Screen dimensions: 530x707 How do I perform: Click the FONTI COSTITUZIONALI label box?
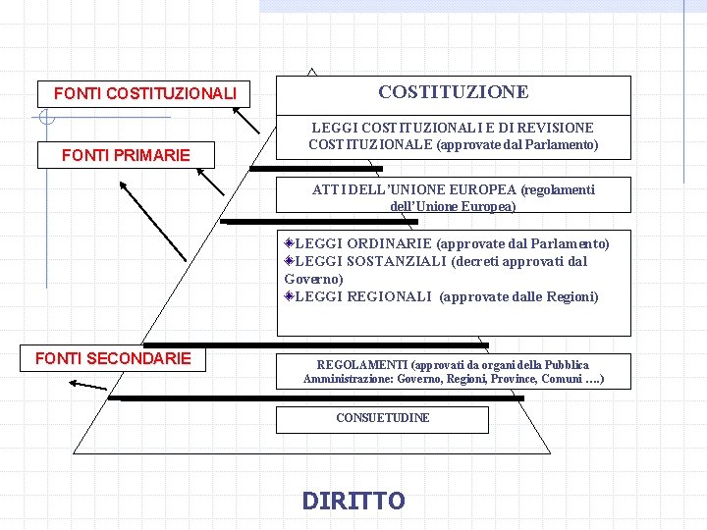pyautogui.click(x=144, y=94)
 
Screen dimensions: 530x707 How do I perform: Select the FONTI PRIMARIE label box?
pyautogui.click(x=126, y=155)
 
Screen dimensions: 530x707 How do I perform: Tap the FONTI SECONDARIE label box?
pyautogui.click(x=113, y=358)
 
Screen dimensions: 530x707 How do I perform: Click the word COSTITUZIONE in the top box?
pyautogui.click(x=453, y=92)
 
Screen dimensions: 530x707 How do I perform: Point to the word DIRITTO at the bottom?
pyautogui.click(x=353, y=502)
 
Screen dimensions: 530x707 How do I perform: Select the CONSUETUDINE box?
pyautogui.click(x=382, y=418)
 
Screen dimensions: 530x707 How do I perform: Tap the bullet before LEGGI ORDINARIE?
pyautogui.click(x=289, y=242)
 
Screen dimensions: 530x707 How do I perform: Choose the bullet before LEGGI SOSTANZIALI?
pyautogui.click(x=289, y=260)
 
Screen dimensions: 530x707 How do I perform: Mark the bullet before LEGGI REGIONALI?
pyautogui.click(x=289, y=295)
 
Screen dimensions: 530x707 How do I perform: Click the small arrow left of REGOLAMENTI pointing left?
pyautogui.click(x=88, y=385)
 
